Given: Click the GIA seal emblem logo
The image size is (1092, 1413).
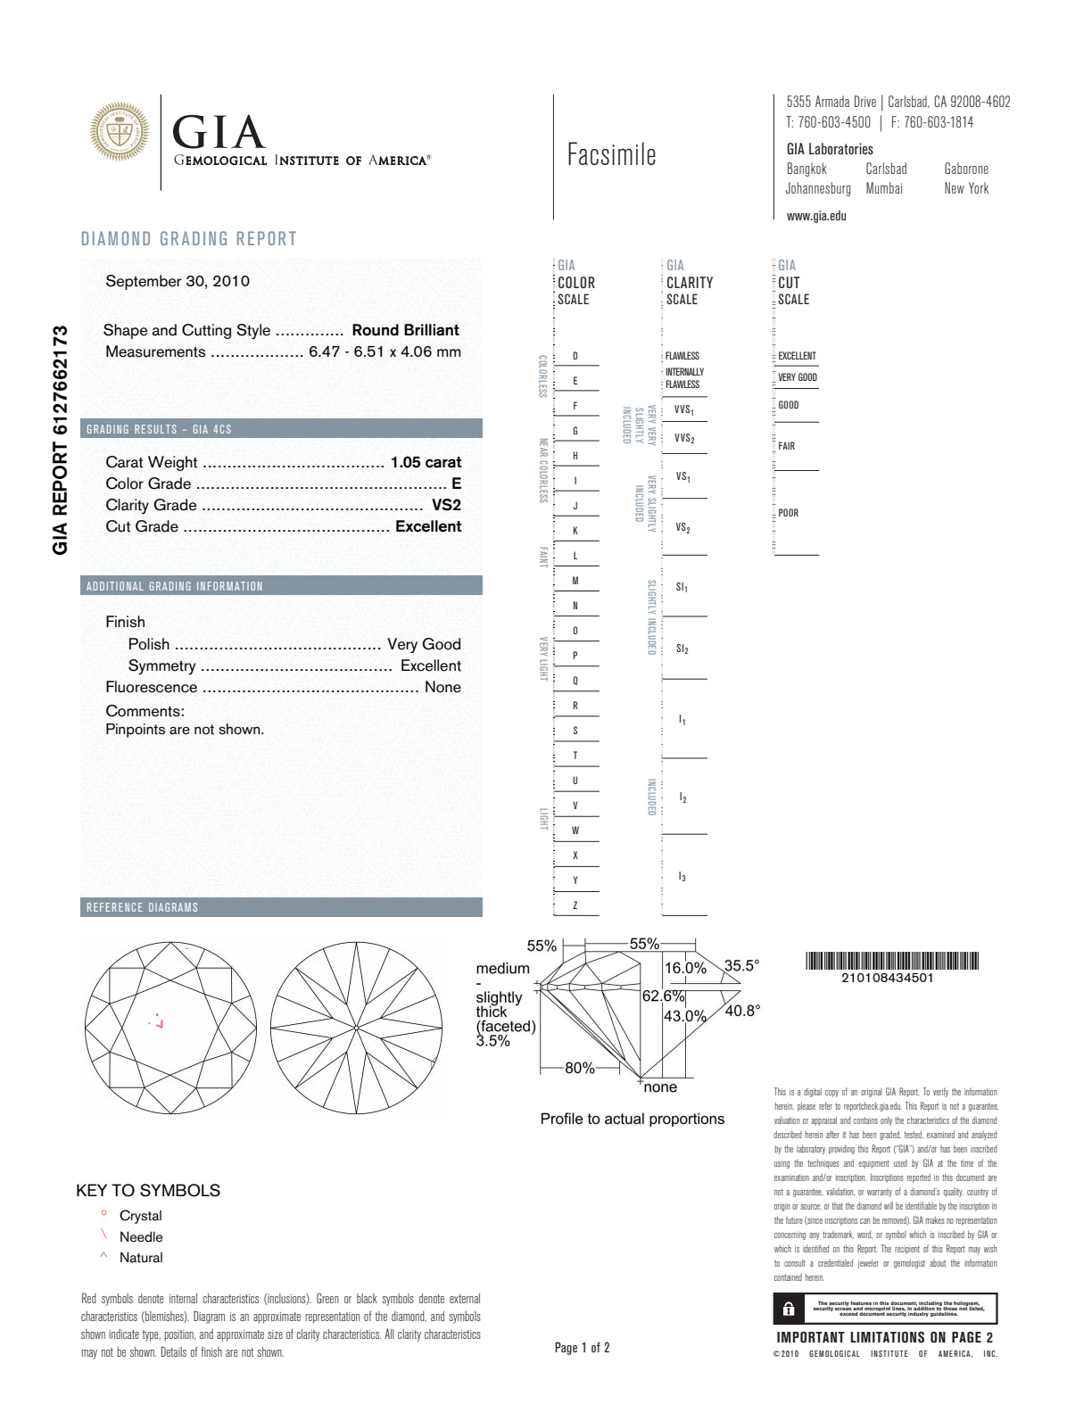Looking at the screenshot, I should (x=119, y=132).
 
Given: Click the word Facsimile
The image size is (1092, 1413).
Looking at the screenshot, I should (x=611, y=155).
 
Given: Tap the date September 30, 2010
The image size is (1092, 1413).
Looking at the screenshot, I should (x=178, y=281).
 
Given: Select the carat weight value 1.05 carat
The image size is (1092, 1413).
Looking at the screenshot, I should (x=426, y=462).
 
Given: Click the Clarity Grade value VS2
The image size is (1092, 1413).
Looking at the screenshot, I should (x=446, y=505).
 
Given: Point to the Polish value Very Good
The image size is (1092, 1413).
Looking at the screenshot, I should (x=424, y=644).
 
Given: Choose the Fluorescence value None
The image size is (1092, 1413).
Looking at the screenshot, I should (x=443, y=687).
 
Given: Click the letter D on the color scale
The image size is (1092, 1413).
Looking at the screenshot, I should (x=575, y=356).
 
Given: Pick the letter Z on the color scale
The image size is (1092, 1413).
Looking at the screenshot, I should (x=575, y=905).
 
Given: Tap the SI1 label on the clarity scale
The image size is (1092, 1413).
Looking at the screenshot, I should (x=682, y=587).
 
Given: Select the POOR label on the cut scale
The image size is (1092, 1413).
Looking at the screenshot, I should (x=789, y=513).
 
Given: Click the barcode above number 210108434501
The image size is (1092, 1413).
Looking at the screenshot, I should (x=892, y=961).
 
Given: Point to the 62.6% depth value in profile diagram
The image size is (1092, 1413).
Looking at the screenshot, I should (x=663, y=996).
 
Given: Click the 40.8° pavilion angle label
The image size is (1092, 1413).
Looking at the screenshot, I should (x=742, y=1011).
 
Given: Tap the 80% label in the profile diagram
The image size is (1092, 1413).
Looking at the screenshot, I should (x=580, y=1068).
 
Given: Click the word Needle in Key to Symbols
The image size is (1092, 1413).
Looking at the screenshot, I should (x=141, y=1236).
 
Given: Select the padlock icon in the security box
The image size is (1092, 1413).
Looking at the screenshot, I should (x=789, y=1309).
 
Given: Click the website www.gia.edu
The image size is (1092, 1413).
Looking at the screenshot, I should (x=816, y=216).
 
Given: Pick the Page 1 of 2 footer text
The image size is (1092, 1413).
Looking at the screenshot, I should (x=582, y=1347).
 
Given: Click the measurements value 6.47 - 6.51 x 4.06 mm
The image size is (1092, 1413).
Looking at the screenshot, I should (x=385, y=351).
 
